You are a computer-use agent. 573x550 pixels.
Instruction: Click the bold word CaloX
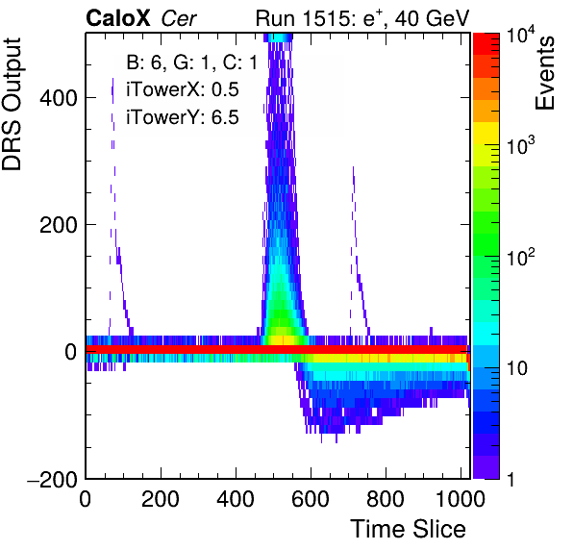point(118,18)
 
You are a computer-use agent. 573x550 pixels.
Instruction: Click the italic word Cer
point(179,18)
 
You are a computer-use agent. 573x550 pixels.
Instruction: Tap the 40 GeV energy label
point(432,18)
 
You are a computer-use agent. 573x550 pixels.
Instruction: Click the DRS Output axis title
point(12,104)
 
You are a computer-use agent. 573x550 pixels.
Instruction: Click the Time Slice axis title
point(409,529)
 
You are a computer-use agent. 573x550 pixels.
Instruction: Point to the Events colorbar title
point(545,73)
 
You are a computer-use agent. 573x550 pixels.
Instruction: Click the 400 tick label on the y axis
point(59,97)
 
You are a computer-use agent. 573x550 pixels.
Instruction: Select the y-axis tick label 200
point(59,225)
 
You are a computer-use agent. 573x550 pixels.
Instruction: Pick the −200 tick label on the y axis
point(53,479)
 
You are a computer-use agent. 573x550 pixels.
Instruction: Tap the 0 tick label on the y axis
point(71,352)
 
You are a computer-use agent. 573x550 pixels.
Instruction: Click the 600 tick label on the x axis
point(311,499)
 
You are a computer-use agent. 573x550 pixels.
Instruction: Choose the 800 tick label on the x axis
point(386,499)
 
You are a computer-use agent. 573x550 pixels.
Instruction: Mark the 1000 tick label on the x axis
point(461,499)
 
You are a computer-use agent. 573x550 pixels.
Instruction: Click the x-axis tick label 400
point(236,499)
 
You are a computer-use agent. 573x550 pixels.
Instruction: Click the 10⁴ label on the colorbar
point(521,38)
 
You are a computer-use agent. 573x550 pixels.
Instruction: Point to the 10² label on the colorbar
point(521,257)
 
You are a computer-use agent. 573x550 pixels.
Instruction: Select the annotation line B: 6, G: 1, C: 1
point(192,62)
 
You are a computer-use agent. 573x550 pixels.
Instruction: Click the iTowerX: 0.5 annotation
point(183,89)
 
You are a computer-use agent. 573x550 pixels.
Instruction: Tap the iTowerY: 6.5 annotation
point(183,117)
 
